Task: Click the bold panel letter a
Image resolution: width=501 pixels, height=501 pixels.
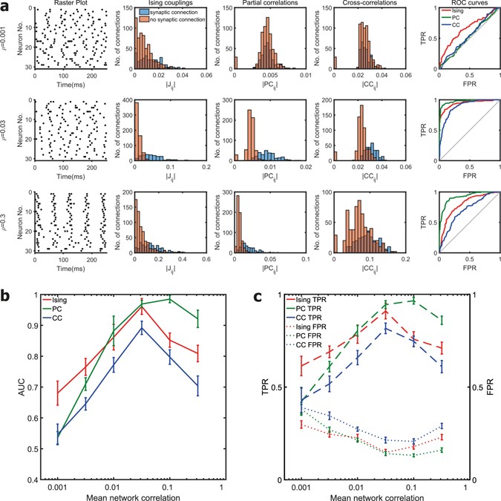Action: click(x=5, y=6)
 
